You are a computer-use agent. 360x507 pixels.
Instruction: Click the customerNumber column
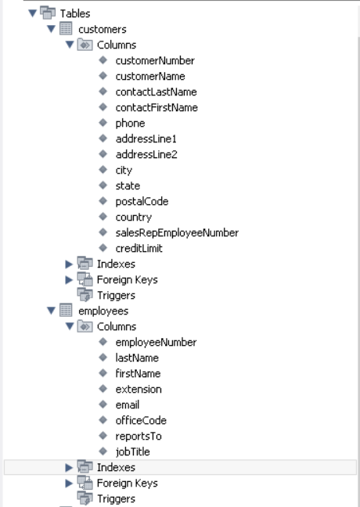(154, 60)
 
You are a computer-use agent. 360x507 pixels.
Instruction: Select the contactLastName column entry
(156, 92)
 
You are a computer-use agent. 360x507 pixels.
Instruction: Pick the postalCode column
(142, 201)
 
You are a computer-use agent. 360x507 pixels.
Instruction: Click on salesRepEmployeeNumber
(176, 232)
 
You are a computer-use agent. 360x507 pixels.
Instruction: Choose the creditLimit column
(139, 248)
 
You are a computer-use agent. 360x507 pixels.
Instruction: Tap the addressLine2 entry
(146, 154)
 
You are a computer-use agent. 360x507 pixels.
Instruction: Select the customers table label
(103, 29)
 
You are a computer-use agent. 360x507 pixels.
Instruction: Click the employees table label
(103, 311)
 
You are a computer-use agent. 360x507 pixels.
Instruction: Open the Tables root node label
(75, 13)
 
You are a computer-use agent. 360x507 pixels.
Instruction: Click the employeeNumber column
(156, 342)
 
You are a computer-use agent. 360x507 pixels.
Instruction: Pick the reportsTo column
(139, 436)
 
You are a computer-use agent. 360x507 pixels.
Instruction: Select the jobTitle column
(132, 451)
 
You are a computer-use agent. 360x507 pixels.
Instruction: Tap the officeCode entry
(141, 420)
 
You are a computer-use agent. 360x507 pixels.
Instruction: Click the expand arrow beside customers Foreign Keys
(69, 279)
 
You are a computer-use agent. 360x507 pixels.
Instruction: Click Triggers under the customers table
(116, 295)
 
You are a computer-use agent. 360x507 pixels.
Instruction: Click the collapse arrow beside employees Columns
(69, 326)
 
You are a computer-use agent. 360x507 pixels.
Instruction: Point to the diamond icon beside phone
(103, 123)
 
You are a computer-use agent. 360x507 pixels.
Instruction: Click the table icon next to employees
(66, 311)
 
